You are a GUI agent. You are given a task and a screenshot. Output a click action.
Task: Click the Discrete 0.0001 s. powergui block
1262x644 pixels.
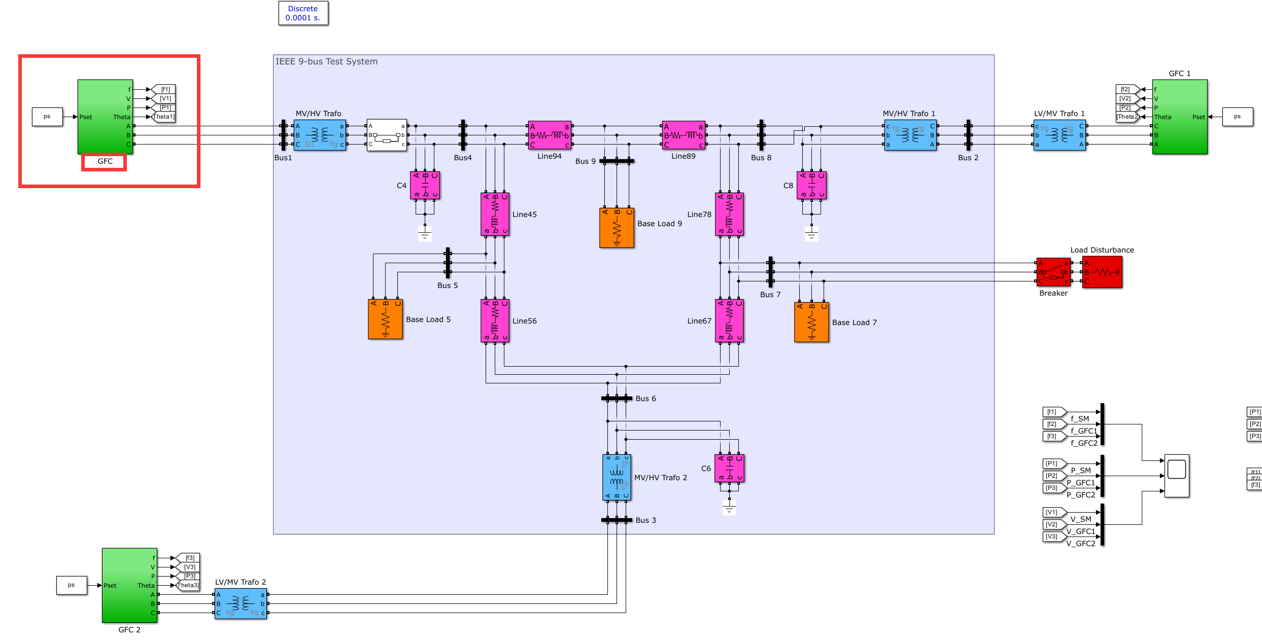(x=303, y=13)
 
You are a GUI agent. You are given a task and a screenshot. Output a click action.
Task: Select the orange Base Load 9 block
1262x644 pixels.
(x=617, y=228)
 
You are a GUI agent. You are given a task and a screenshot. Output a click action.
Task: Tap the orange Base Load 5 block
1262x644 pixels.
(x=385, y=319)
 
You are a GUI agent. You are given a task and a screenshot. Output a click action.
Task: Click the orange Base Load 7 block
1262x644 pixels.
(x=811, y=322)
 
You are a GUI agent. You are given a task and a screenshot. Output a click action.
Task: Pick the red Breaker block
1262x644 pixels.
(x=1053, y=272)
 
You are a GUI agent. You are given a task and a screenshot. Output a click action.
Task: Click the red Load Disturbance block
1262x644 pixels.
(x=1102, y=272)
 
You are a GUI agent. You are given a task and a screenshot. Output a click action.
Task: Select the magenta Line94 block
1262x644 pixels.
(x=550, y=135)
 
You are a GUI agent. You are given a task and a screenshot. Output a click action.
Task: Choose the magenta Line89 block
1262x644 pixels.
(x=684, y=135)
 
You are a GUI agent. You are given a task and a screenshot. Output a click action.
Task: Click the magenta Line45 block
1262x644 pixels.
(x=495, y=214)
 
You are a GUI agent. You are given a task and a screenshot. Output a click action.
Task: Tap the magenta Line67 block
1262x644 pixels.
(x=729, y=320)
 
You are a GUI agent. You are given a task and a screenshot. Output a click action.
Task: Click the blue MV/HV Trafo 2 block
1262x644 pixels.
(x=617, y=477)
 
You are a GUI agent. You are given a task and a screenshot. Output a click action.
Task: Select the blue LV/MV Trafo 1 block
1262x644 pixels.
(x=1060, y=135)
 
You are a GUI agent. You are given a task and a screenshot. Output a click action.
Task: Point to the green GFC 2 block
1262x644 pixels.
(x=129, y=585)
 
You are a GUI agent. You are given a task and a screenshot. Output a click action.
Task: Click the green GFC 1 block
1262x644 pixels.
(x=1179, y=117)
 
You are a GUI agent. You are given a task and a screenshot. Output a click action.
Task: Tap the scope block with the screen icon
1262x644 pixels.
(x=1176, y=475)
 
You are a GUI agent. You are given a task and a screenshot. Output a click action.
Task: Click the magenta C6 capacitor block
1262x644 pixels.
(x=729, y=468)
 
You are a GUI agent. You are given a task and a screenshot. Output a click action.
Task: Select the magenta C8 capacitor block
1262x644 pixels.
(x=811, y=185)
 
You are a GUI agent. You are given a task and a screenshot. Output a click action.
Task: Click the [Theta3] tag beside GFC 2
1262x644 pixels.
(x=188, y=585)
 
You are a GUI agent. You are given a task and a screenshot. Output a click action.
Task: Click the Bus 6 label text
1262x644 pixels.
(x=645, y=399)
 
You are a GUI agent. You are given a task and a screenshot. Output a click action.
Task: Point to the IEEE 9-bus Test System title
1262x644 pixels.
(x=326, y=61)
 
